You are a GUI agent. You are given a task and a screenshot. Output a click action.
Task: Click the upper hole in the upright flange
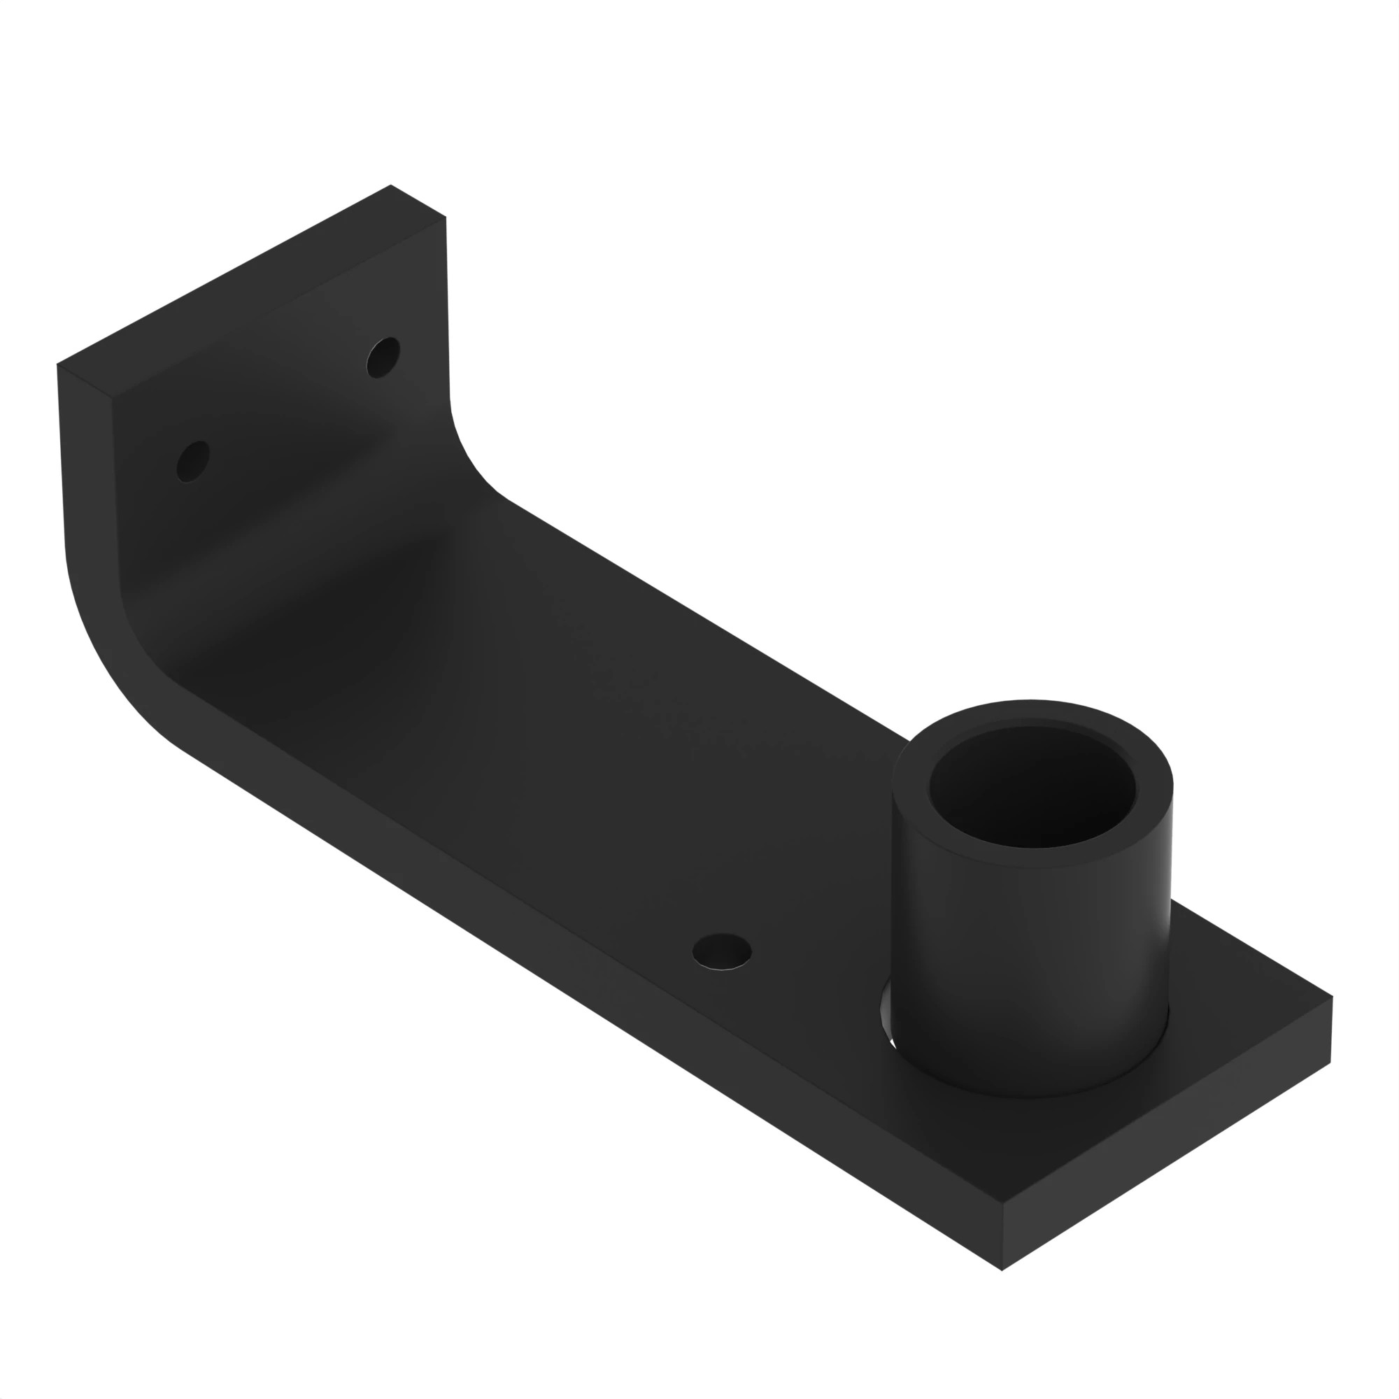click(383, 357)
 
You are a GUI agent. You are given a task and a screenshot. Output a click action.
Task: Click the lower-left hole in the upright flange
click(192, 461)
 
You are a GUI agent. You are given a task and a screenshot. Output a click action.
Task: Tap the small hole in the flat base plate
click(721, 951)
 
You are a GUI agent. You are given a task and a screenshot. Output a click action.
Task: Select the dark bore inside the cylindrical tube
click(1032, 788)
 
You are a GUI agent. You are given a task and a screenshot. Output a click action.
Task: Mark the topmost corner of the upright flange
click(391, 185)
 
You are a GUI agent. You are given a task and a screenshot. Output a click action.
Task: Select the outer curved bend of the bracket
click(108, 652)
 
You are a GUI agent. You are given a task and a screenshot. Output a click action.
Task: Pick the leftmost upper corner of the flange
click(58, 364)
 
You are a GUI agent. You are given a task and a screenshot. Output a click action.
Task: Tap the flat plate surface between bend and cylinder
click(616, 724)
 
